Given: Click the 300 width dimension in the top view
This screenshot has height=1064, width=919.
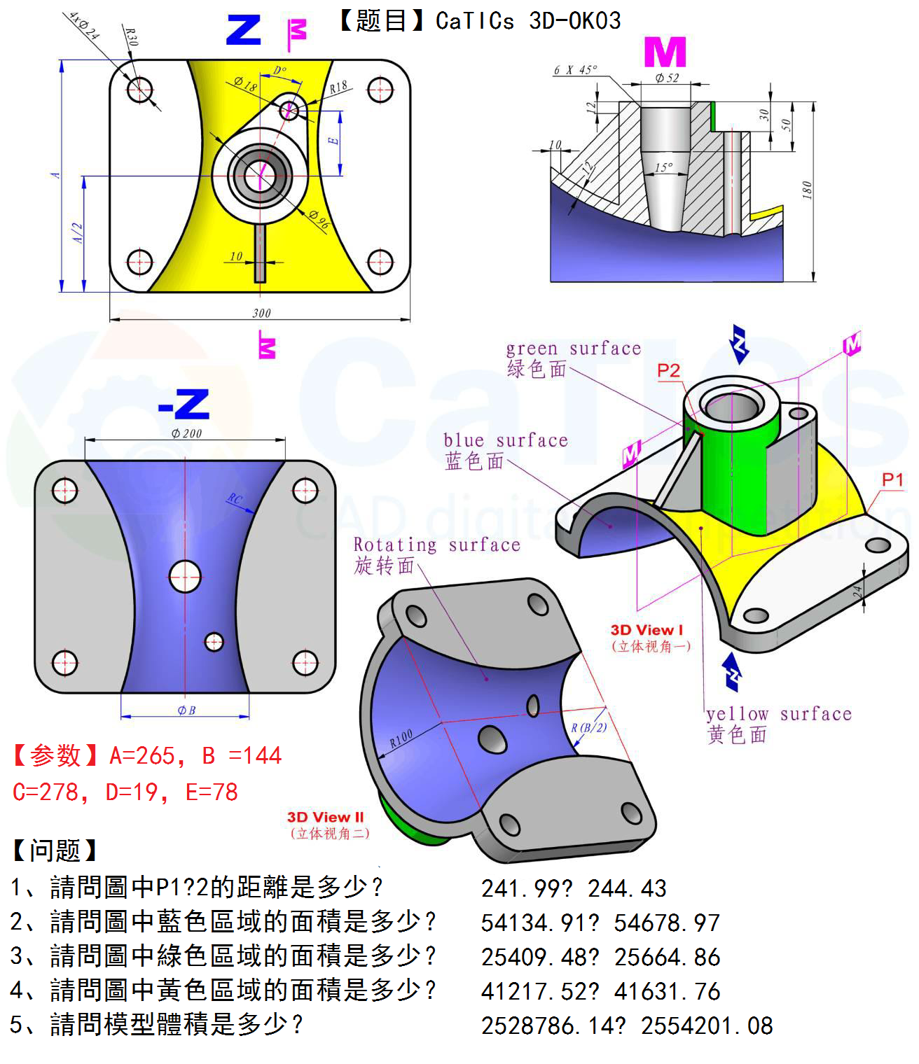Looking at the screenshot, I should (x=261, y=313).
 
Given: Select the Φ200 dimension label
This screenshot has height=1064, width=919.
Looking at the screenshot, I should (x=186, y=433).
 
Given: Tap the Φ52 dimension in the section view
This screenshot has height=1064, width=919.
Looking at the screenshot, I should (x=667, y=78).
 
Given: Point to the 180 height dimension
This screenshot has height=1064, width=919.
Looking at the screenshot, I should (x=807, y=189).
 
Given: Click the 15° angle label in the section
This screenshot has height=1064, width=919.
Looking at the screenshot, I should (x=663, y=167).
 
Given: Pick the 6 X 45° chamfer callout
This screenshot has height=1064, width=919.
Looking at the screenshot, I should (x=575, y=70).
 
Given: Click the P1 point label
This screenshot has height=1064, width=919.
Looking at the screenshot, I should (x=892, y=480).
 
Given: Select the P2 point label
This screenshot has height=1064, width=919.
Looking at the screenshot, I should (x=668, y=370).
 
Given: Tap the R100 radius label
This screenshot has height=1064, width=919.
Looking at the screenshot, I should (x=401, y=738).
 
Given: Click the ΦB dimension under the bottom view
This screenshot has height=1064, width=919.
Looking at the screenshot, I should (x=186, y=710).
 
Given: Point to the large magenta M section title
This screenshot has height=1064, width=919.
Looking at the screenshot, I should (x=664, y=52).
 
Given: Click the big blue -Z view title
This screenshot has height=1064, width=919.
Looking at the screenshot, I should (x=184, y=405).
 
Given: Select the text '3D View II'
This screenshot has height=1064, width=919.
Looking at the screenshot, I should (x=325, y=817).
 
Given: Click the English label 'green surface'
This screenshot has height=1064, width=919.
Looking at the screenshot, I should (x=573, y=349).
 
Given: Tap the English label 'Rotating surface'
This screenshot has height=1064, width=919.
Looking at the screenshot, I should (x=436, y=545).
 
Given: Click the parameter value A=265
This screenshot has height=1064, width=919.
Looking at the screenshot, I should (x=142, y=756).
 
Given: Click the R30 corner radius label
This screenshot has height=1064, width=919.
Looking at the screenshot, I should (x=131, y=36).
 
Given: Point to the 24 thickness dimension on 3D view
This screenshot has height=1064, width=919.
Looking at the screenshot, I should (x=857, y=592).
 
